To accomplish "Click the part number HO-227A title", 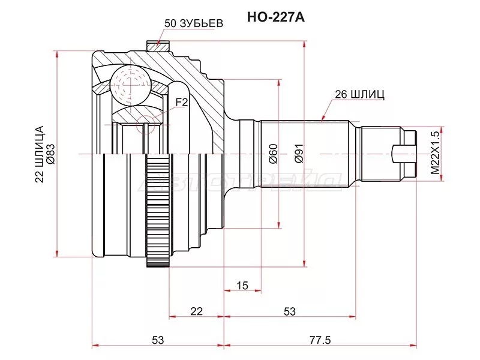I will point(276,17).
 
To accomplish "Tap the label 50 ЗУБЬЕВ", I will point(193,24).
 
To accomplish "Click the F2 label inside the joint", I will point(182,103).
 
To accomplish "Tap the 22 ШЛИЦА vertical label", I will point(40,154).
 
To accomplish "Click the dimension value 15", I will point(242,286).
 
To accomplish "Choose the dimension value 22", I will point(196,311).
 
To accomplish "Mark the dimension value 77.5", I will point(320,340).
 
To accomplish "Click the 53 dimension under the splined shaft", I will point(290,311).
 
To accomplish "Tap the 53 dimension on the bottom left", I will point(157,340).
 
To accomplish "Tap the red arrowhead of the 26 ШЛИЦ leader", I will point(324,118).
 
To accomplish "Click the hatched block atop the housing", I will point(158,44).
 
